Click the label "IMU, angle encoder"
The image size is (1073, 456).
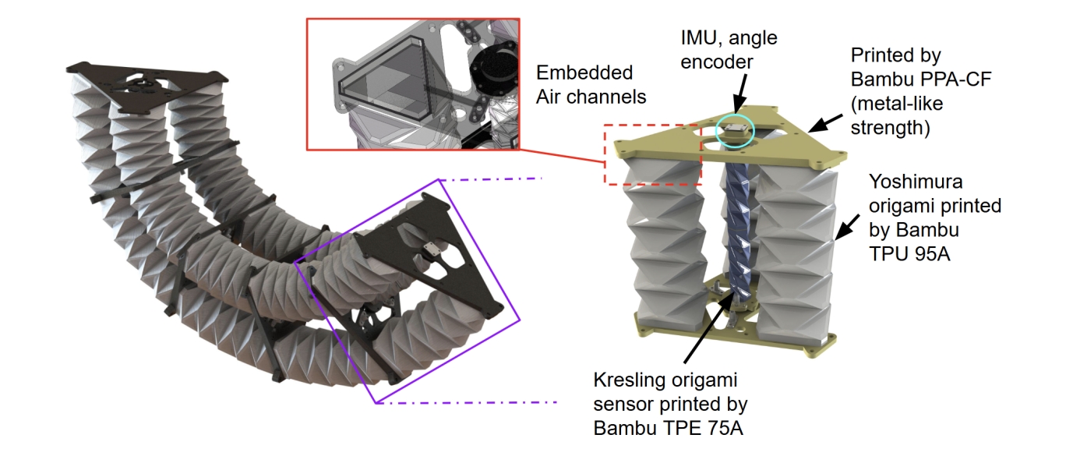729,48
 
